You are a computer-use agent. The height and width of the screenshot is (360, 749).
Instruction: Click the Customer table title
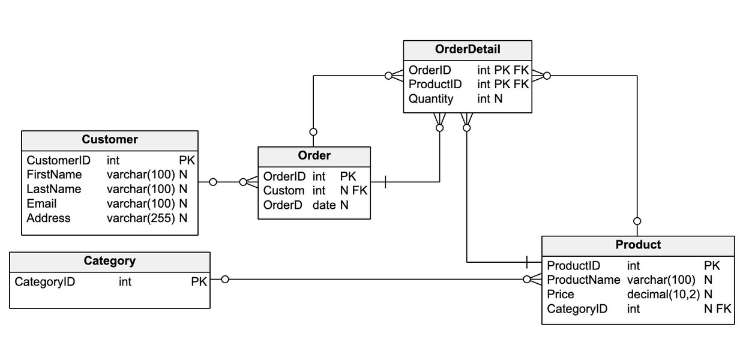pos(110,139)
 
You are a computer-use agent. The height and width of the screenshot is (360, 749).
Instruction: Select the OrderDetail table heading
pos(468,49)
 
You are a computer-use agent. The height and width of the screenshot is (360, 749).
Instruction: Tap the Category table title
pos(110,261)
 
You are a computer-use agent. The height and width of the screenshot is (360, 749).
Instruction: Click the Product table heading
pos(638,245)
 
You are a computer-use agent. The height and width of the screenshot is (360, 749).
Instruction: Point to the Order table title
pos(314,155)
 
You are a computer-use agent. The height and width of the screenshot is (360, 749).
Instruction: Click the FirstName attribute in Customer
pos(54,175)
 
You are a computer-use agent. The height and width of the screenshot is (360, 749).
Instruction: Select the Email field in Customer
pos(41,203)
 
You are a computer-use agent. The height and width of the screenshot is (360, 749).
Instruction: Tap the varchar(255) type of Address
pos(141,218)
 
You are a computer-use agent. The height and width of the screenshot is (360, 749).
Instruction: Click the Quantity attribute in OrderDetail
pos(431,99)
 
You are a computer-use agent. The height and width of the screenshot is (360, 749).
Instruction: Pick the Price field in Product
pos(561,295)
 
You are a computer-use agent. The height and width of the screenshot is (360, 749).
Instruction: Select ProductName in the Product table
pos(583,280)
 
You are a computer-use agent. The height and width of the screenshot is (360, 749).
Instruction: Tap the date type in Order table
pos(324,205)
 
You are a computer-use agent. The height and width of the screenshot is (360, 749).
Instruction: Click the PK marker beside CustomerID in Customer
pos(187,160)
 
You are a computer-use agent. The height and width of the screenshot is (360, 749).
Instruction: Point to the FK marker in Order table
pos(359,191)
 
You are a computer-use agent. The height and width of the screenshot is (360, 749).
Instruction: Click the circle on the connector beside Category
pos(225,279)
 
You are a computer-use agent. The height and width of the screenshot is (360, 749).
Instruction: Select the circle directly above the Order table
pos(313,132)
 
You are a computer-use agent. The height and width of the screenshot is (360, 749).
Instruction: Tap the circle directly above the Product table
pos(637,221)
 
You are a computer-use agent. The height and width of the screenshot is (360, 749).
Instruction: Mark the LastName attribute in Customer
pos(54,189)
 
